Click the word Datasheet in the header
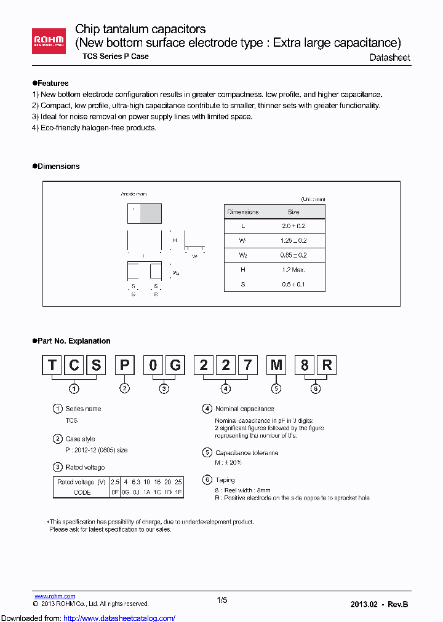coord(389,57)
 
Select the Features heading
coord(52,83)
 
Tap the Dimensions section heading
coord(58,167)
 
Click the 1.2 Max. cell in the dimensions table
coord(293,270)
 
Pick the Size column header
coord(293,212)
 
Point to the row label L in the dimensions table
coord(243,226)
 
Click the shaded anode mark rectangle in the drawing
coord(151,213)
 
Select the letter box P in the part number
coord(125,365)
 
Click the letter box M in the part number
coord(277,365)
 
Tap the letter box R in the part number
coord(327,365)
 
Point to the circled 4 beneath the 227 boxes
coord(226,388)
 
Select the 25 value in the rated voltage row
coord(178,482)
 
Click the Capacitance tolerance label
coord(247,453)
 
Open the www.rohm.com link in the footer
coord(55,596)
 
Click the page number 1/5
coord(222,600)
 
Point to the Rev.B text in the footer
coord(397,604)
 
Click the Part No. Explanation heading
coord(73,341)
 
